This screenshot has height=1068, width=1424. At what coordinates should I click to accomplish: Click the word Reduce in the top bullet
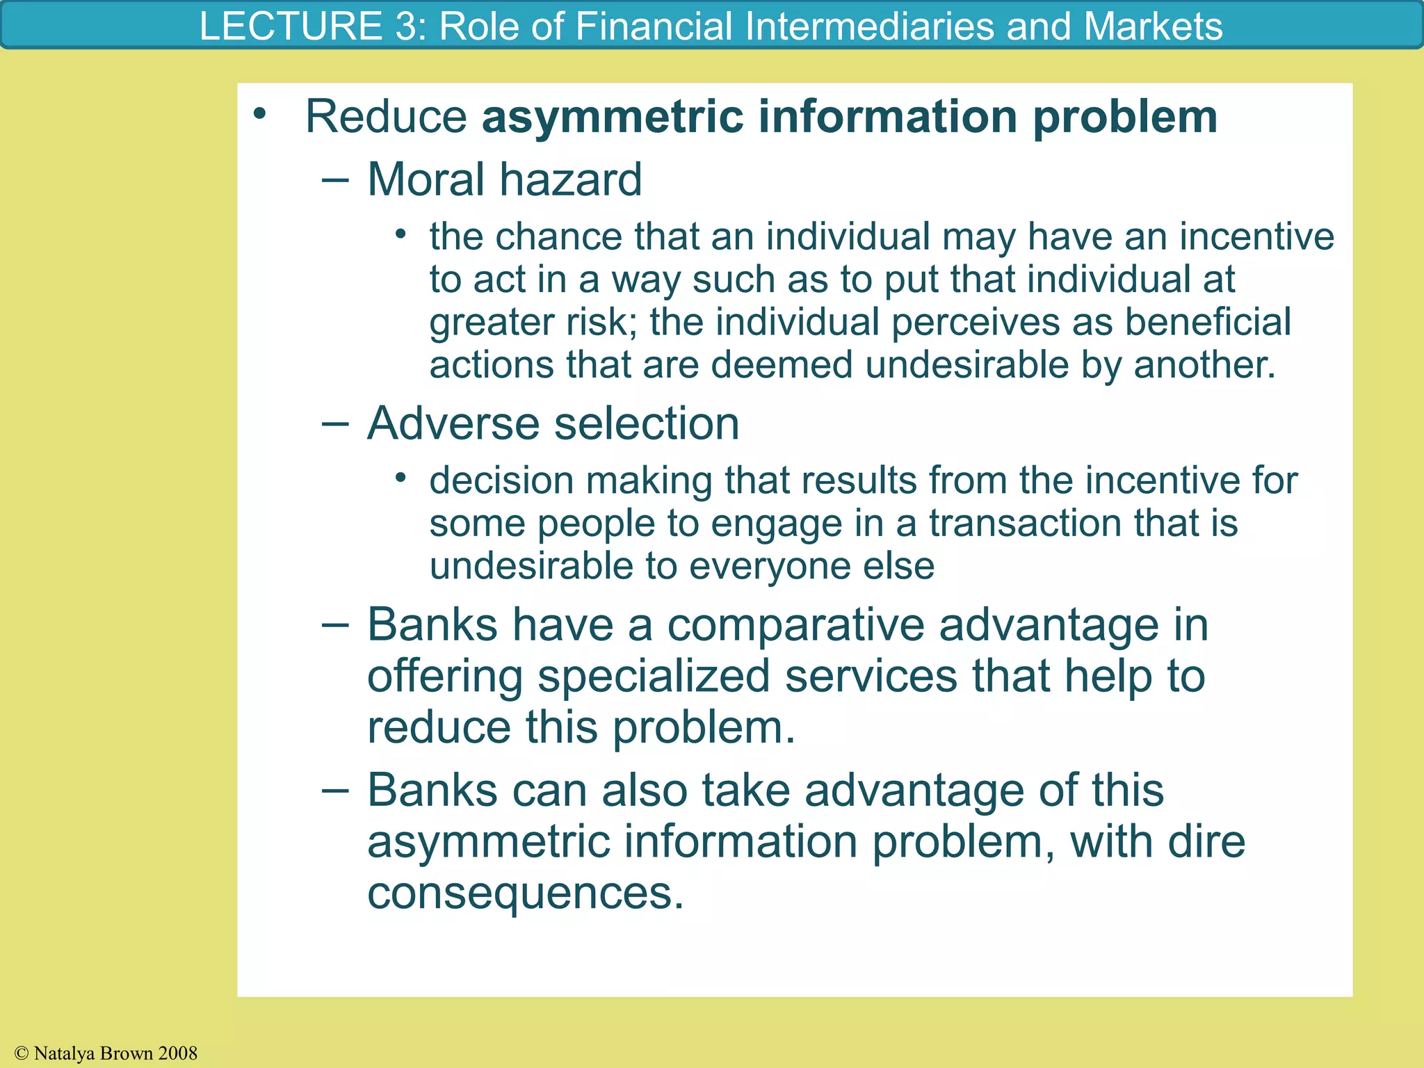click(386, 116)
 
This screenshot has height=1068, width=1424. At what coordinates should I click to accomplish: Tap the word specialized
click(654, 676)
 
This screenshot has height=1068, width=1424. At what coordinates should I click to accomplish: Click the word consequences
click(526, 893)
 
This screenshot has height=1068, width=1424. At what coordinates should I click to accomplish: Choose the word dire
click(1206, 841)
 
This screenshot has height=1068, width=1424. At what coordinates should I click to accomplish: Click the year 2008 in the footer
click(178, 1053)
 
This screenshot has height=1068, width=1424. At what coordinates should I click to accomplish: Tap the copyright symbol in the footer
click(22, 1054)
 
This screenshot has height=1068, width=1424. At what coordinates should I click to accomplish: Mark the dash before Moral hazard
click(335, 179)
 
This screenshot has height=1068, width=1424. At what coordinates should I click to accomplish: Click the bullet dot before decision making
click(400, 478)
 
